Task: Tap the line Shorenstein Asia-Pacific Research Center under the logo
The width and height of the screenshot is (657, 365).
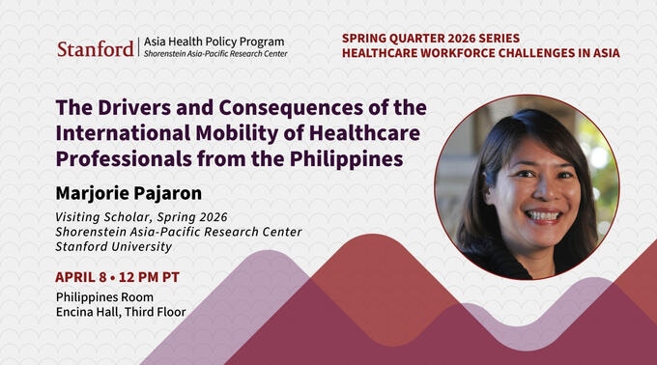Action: click(x=214, y=54)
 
